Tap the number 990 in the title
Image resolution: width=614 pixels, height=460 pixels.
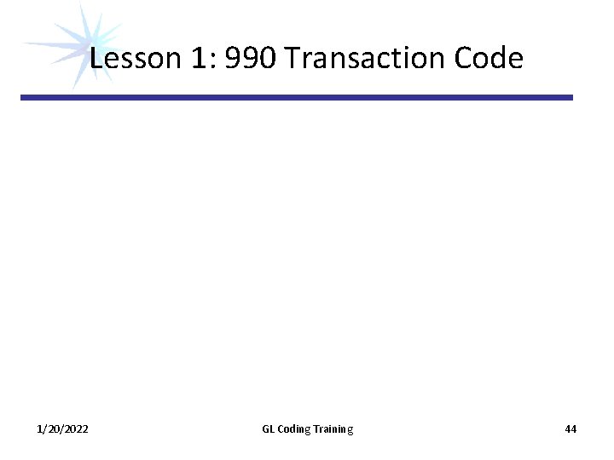click(x=252, y=59)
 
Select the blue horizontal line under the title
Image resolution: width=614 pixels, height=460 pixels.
click(x=297, y=98)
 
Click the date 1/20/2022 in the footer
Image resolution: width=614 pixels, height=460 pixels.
click(x=62, y=429)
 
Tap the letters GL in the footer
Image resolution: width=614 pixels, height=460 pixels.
click(x=268, y=429)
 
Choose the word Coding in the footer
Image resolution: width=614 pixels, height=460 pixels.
click(x=294, y=429)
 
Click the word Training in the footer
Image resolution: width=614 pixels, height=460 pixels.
click(x=333, y=429)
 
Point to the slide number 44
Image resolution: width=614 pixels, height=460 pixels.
click(x=571, y=429)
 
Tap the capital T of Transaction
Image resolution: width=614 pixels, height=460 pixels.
click(x=294, y=59)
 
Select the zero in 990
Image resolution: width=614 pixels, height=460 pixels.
click(x=269, y=59)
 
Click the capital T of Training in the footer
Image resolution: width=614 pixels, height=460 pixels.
click(x=317, y=429)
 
